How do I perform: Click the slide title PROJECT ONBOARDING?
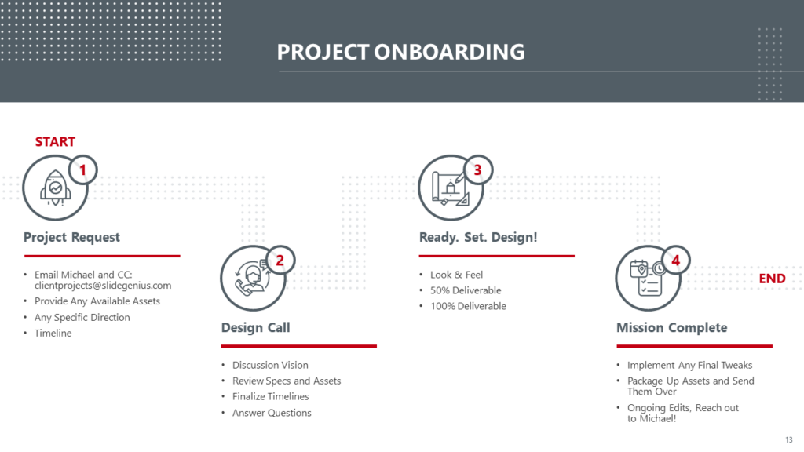point(400,52)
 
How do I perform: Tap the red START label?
point(55,142)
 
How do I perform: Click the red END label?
point(772,279)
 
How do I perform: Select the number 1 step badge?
point(82,169)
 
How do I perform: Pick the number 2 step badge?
point(280,261)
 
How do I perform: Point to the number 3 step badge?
point(478,169)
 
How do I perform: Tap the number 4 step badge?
point(676,261)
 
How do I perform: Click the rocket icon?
point(56,188)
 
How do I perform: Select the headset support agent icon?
point(252,279)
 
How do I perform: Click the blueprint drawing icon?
point(450,188)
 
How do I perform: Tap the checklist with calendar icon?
point(647,279)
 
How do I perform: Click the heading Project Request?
point(71,237)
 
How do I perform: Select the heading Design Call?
point(255,327)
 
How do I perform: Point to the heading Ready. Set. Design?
point(478,237)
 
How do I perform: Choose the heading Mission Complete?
point(672,327)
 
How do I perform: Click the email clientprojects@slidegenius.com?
point(103,286)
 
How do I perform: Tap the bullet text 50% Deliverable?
point(466,290)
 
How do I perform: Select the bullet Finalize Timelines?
point(270,396)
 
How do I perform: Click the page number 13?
point(788,439)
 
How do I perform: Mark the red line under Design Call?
point(299,346)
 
